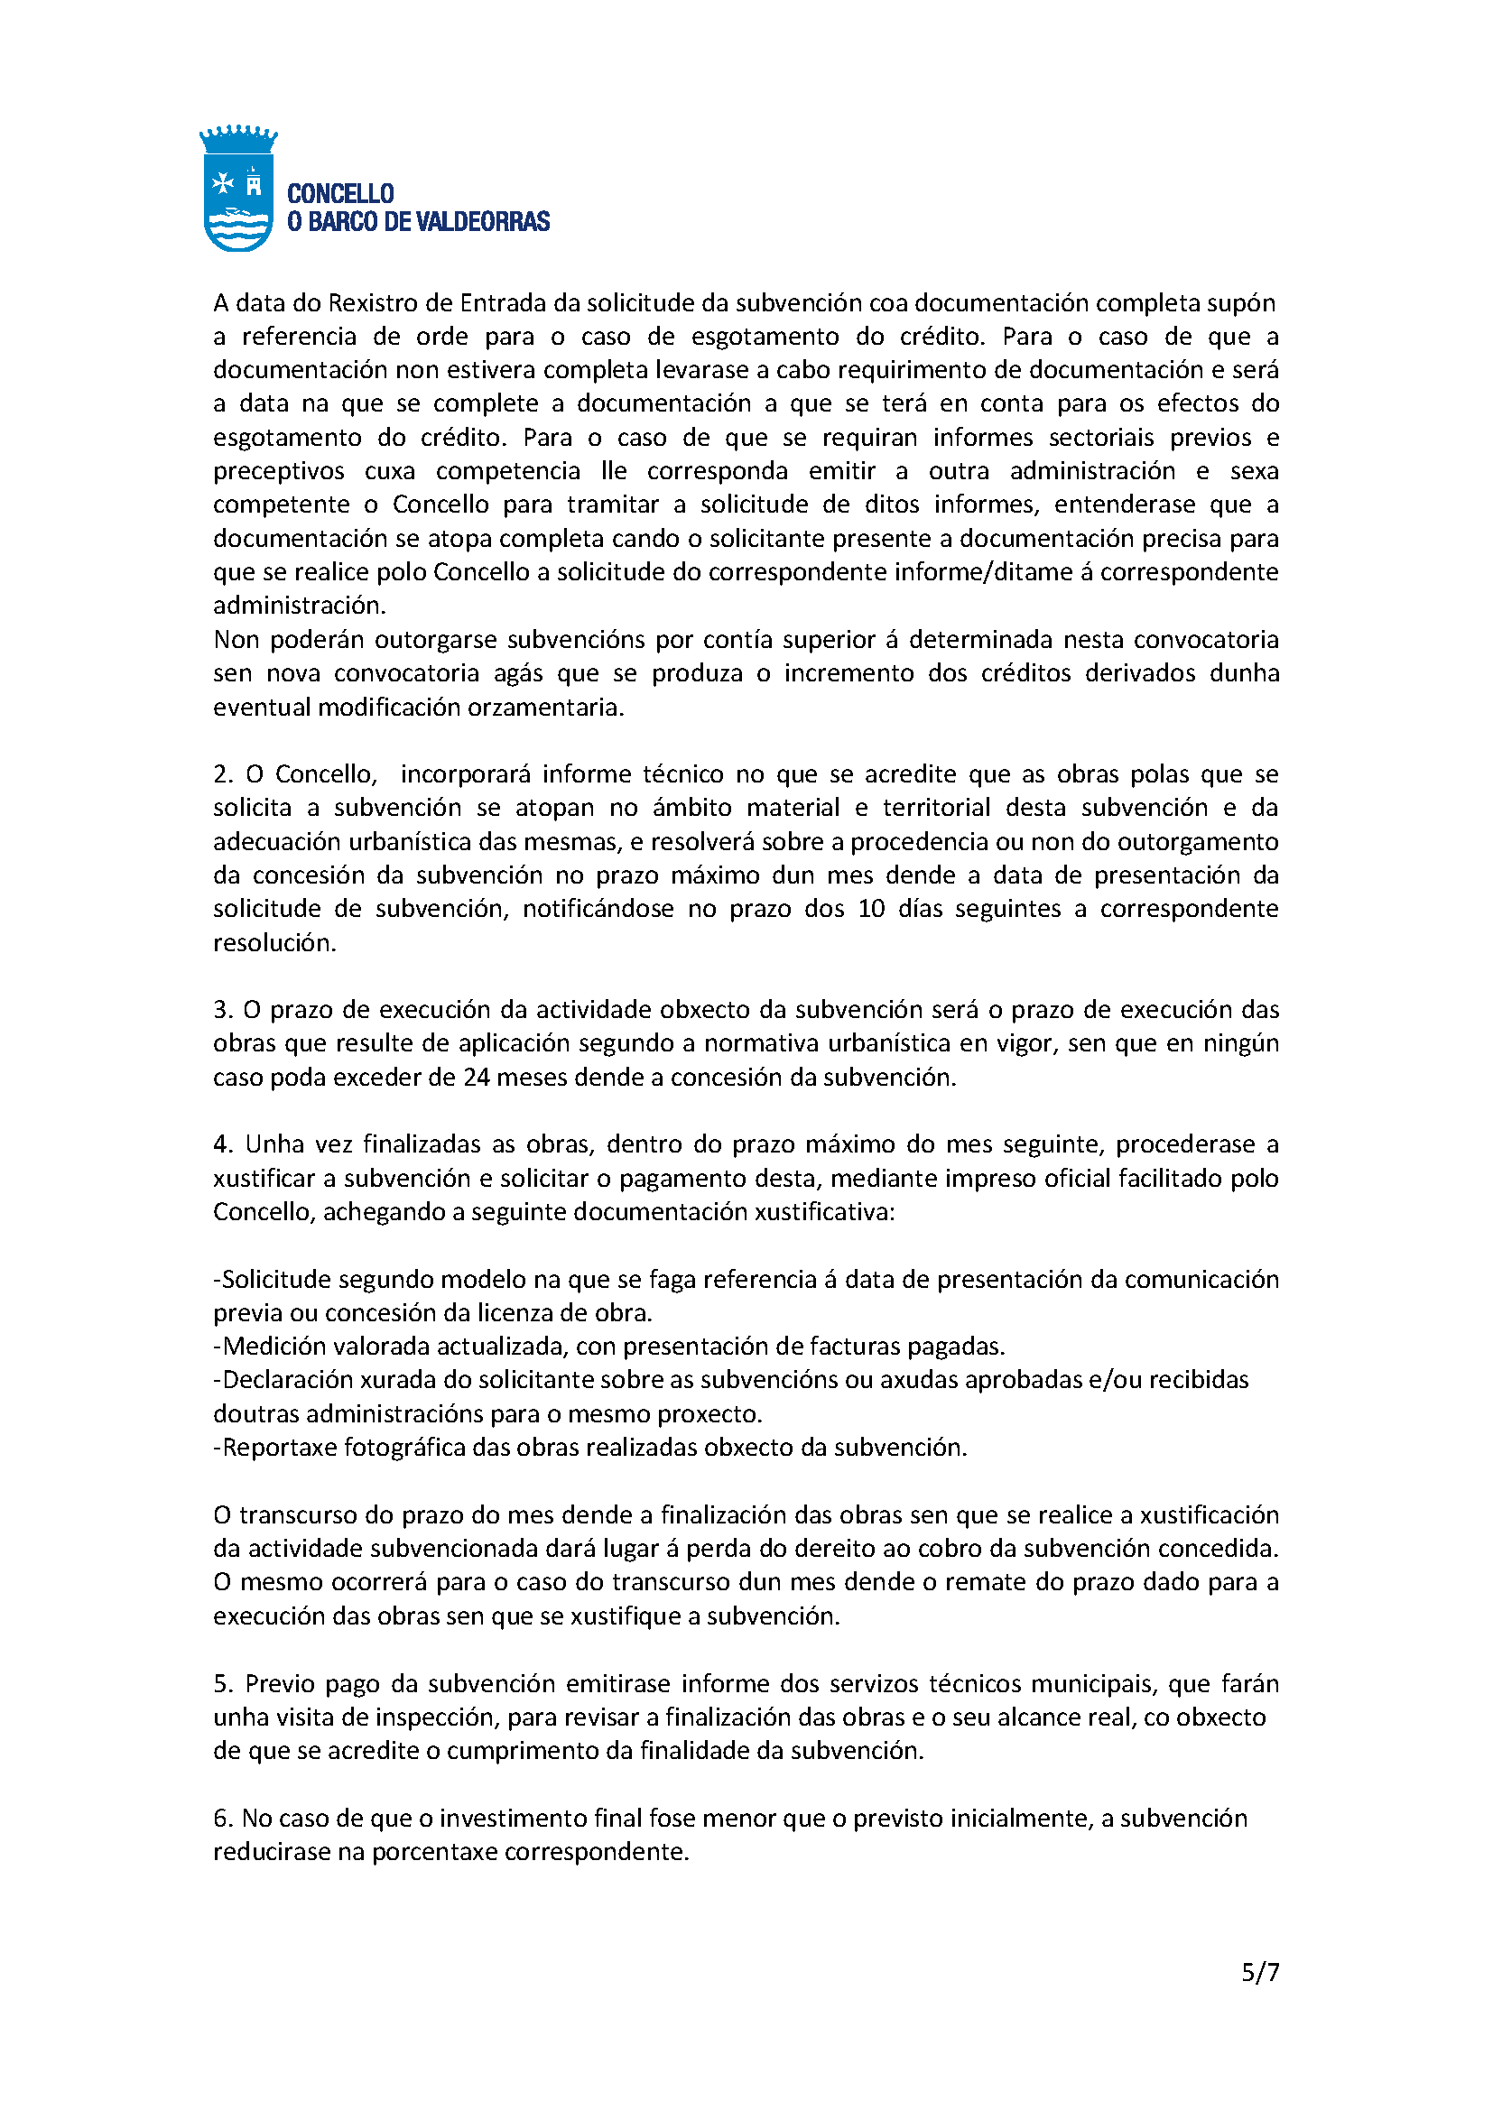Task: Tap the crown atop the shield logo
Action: click(x=238, y=139)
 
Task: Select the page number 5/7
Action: click(x=1259, y=1972)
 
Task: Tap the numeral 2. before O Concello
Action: click(x=223, y=774)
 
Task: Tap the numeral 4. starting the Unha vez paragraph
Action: click(x=223, y=1144)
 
